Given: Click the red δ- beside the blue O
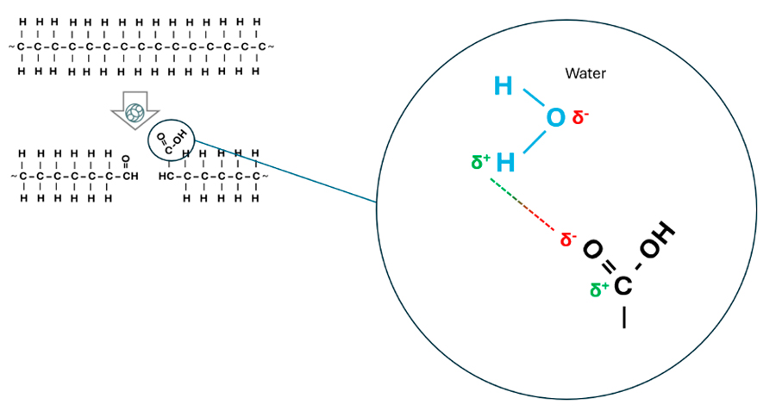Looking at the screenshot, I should (x=580, y=117).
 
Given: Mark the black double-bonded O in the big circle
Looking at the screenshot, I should (x=591, y=250).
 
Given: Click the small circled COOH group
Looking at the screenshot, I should (x=172, y=138).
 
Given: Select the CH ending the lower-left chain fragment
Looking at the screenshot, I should (x=128, y=177).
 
